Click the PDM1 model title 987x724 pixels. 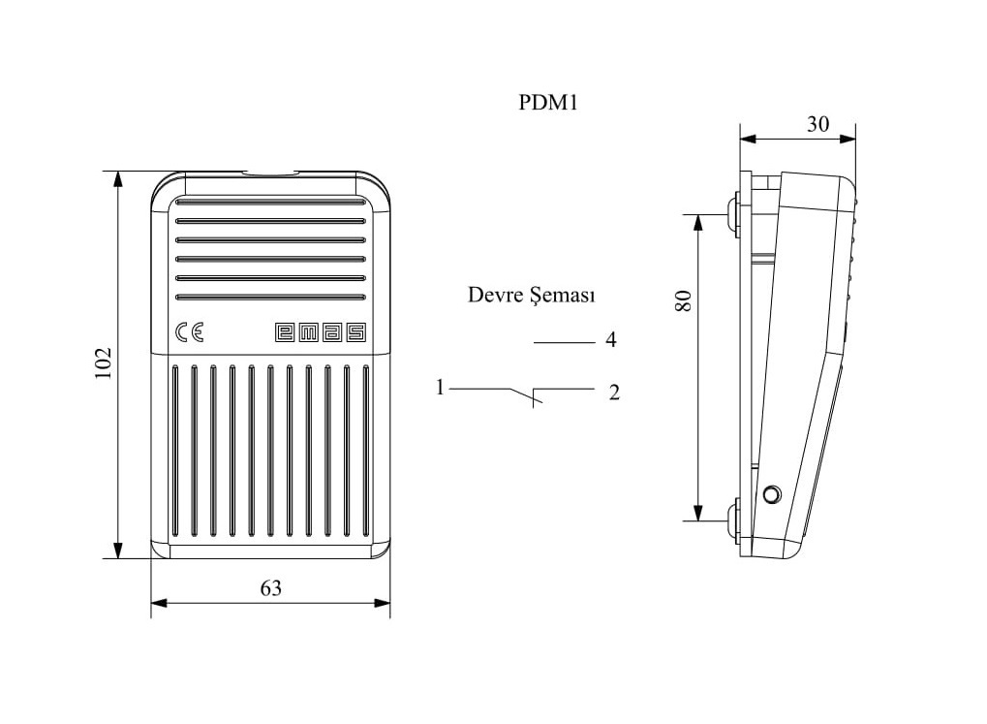tap(547, 102)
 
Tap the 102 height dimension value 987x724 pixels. tap(103, 363)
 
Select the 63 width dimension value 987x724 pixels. tap(270, 588)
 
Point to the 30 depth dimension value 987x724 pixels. tap(817, 124)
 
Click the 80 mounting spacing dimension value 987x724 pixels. tap(683, 300)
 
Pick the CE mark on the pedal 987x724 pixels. tap(190, 332)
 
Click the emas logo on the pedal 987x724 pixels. tap(321, 332)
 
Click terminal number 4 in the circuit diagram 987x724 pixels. tap(610, 340)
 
